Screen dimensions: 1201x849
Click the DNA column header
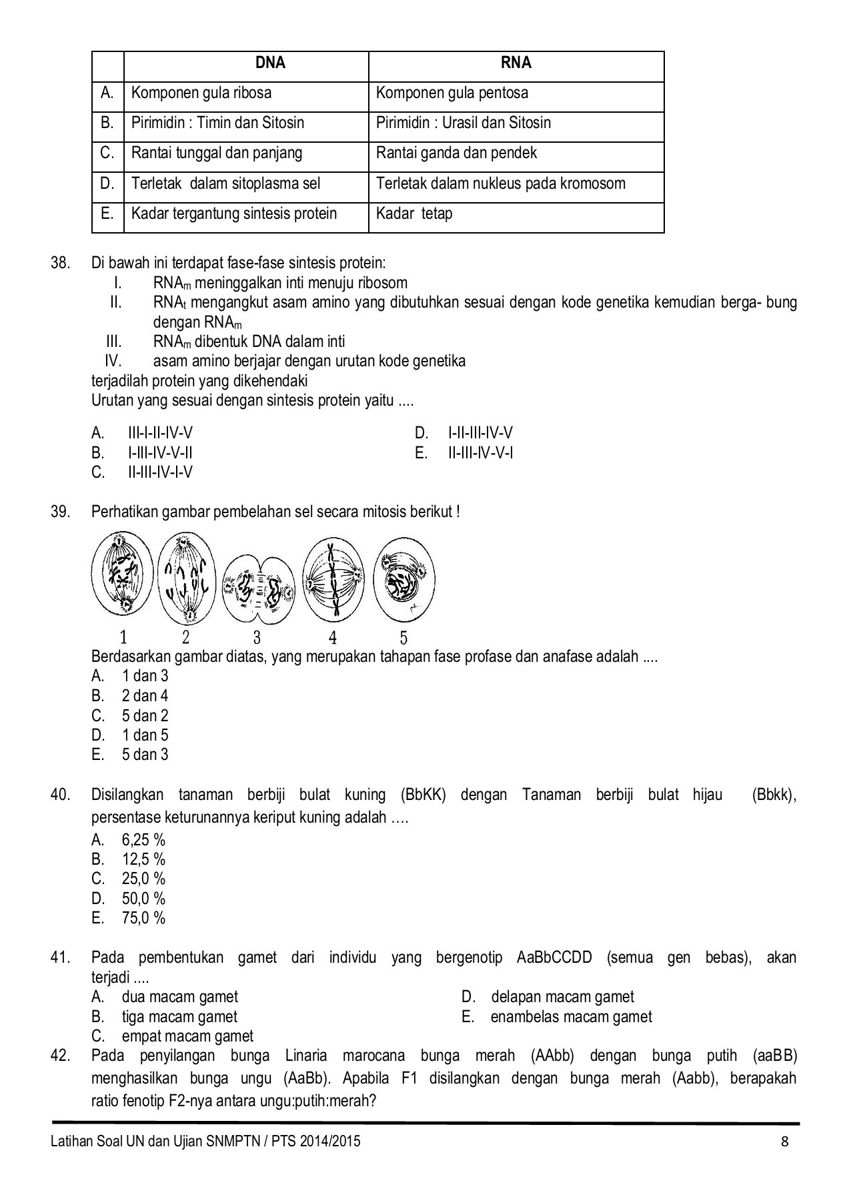(x=270, y=63)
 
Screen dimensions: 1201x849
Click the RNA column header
(x=516, y=63)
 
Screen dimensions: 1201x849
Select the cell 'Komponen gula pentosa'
(x=452, y=93)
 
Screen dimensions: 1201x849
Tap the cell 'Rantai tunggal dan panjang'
(x=217, y=153)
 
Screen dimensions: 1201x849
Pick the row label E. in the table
(x=107, y=214)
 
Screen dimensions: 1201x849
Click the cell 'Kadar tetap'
(x=414, y=214)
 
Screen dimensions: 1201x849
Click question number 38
(x=60, y=263)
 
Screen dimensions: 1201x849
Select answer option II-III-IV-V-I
(x=480, y=453)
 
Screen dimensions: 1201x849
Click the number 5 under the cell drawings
(x=403, y=637)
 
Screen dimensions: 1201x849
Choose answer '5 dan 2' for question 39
(x=145, y=716)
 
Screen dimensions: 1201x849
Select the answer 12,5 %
(x=143, y=859)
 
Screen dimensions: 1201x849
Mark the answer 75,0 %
(x=143, y=918)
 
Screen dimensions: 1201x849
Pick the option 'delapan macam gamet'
(x=562, y=997)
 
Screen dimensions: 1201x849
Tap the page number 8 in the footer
(x=785, y=1141)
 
